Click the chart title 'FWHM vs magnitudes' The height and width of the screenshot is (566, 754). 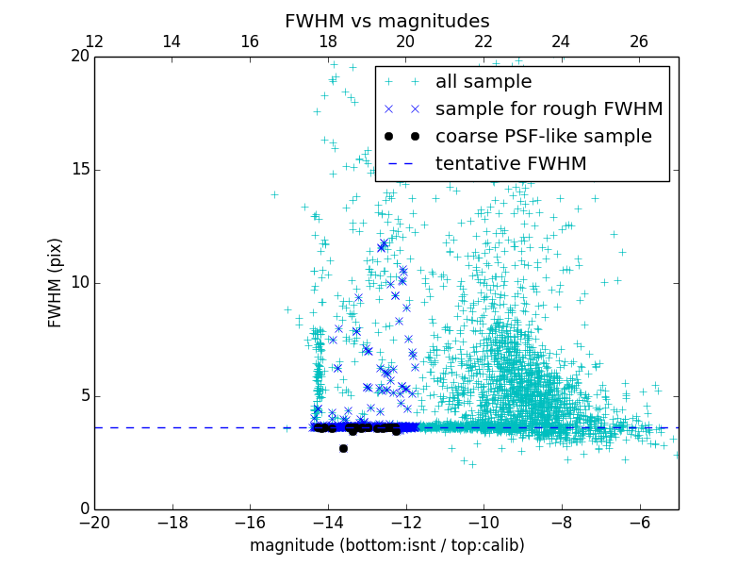pyautogui.click(x=386, y=21)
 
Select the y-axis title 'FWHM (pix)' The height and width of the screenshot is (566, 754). pyautogui.click(x=56, y=283)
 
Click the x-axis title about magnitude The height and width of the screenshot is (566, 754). pyautogui.click(x=386, y=545)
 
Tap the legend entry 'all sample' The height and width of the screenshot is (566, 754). pyautogui.click(x=483, y=82)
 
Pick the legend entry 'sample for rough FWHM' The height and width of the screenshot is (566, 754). pyautogui.click(x=549, y=109)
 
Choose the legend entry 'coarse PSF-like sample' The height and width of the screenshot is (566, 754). pyautogui.click(x=543, y=137)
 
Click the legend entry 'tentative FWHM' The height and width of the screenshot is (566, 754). pyautogui.click(x=510, y=164)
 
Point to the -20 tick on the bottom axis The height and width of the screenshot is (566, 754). pyautogui.click(x=94, y=522)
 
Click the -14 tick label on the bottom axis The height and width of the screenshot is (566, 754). pyautogui.click(x=328, y=522)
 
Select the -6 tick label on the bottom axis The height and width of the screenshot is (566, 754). pyautogui.click(x=640, y=522)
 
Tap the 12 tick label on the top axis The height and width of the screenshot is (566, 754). pyautogui.click(x=94, y=42)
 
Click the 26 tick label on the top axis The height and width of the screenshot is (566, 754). pyautogui.click(x=639, y=42)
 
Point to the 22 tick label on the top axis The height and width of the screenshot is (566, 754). pyautogui.click(x=484, y=42)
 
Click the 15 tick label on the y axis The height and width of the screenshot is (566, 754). pyautogui.click(x=78, y=170)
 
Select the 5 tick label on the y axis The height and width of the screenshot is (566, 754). pyautogui.click(x=83, y=396)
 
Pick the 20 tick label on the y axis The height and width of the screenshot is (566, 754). pyautogui.click(x=78, y=57)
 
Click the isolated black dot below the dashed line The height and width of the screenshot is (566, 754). pyautogui.click(x=343, y=448)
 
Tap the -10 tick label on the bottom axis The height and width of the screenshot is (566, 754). pyautogui.click(x=484, y=522)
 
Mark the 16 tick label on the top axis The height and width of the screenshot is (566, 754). pyautogui.click(x=250, y=42)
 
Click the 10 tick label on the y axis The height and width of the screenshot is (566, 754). pyautogui.click(x=78, y=283)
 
